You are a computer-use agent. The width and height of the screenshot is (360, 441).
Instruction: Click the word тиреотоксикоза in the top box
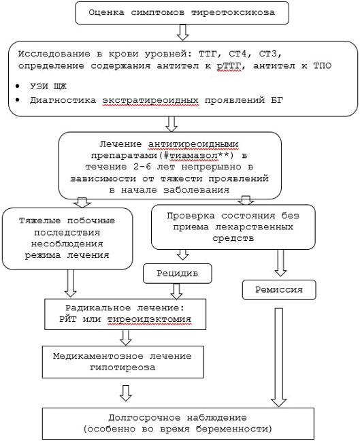tap(233, 13)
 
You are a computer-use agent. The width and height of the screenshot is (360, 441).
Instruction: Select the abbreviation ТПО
tap(323, 66)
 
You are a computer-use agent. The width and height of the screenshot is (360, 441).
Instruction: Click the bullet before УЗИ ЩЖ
tap(18, 86)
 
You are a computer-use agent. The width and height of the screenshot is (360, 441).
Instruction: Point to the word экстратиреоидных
tap(150, 101)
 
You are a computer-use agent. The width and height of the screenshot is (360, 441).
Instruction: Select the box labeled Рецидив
tap(178, 274)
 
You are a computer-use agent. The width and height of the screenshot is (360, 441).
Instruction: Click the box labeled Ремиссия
tap(279, 290)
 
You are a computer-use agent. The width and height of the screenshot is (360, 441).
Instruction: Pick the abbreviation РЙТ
tap(67, 319)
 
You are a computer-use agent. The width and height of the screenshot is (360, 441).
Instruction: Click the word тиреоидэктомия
tap(149, 319)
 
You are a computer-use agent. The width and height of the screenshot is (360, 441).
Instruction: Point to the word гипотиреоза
tap(122, 367)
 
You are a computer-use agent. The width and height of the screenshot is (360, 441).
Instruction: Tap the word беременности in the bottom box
tap(234, 429)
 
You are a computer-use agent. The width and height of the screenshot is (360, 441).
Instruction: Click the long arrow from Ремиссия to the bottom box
tap(279, 357)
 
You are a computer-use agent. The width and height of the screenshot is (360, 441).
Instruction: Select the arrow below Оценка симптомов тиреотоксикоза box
tap(183, 33)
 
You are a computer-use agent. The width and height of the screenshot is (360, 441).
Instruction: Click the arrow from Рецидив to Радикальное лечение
tap(177, 291)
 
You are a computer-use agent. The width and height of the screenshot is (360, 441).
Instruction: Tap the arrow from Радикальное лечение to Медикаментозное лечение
tap(126, 338)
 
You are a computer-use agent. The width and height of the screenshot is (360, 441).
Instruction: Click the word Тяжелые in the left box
tap(40, 220)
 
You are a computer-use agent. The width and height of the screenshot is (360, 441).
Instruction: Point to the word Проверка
tap(191, 216)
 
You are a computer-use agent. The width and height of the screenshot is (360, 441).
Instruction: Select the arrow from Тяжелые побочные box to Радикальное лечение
tap(70, 283)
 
